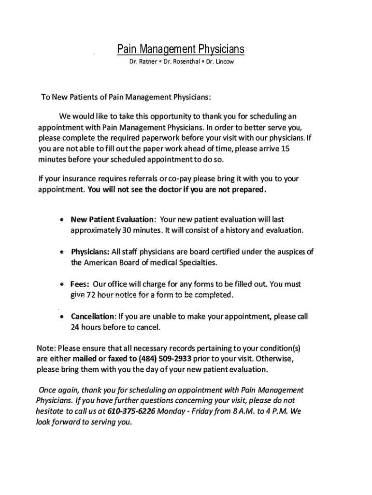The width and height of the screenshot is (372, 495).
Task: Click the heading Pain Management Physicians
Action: [x=181, y=49]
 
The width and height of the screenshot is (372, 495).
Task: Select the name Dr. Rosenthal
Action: [x=182, y=62]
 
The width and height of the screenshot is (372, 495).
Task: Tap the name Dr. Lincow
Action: [x=220, y=62]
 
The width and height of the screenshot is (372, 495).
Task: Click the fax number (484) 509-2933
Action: [x=165, y=359]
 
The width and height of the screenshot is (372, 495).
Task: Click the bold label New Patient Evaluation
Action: [x=113, y=219]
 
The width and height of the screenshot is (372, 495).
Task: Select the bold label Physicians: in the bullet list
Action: [x=90, y=252]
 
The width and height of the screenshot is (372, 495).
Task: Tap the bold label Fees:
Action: [x=80, y=284]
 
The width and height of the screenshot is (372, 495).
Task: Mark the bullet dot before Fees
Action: [x=61, y=285]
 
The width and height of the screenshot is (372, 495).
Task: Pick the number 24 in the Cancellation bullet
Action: [x=75, y=327]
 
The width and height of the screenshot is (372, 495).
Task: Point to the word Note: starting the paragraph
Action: [x=47, y=348]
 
